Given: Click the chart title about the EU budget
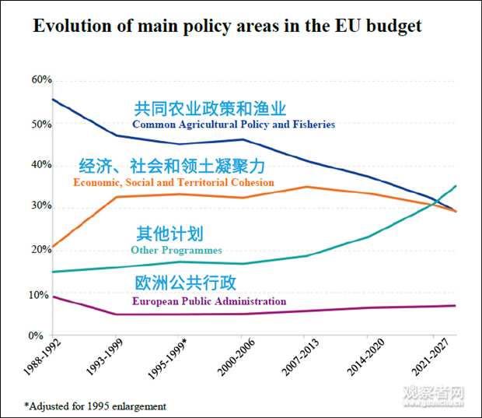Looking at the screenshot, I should (227, 26).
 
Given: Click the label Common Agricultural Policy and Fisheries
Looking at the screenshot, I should (233, 125).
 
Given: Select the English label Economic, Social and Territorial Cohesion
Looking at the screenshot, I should (173, 183).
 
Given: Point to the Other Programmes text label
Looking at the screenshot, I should (176, 251).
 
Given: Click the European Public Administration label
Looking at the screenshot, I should (209, 301).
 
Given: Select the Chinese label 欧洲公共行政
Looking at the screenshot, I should (185, 283).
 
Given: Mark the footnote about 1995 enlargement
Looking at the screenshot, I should (95, 406).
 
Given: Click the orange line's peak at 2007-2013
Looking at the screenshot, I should (309, 187).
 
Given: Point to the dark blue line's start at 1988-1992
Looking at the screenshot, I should (52, 99).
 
